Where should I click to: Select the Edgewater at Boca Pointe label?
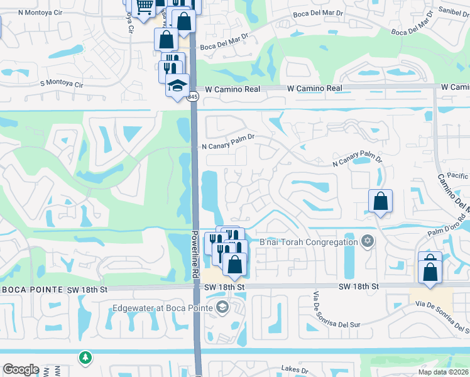pos(163,308)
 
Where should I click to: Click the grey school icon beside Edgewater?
pos(221,307)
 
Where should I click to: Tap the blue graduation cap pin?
pos(177,85)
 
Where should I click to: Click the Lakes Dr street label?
pos(295,369)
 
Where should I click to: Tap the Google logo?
pos(21,369)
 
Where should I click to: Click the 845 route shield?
pos(192,97)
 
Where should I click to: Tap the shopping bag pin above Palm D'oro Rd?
pos(381,202)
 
